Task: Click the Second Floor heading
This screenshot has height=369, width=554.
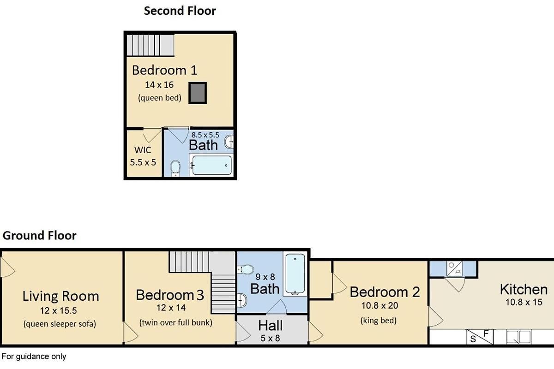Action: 180,11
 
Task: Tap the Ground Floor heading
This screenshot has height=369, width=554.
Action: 39,236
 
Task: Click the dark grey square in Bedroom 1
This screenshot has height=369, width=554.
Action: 198,93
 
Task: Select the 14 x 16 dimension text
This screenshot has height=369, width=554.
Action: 159,85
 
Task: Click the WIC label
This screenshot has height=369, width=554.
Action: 143,150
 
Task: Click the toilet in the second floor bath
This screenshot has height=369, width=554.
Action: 175,168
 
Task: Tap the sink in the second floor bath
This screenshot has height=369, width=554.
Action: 229,142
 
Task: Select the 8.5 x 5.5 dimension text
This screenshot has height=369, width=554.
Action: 205,135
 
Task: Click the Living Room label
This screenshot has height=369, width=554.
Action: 61,296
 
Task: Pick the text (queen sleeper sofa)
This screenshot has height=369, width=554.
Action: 60,324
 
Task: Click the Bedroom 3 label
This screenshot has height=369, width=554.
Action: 170,295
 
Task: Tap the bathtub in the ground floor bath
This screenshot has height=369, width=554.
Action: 295,274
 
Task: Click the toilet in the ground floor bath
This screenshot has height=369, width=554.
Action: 245,269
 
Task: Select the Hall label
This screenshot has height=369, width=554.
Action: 271,326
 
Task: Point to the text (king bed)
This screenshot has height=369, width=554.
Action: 379,321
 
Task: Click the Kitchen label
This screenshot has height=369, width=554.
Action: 524,289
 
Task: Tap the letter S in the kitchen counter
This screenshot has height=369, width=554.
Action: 473,339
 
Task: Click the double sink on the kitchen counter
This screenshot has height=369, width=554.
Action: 518,337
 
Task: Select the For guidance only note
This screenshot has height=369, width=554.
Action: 34,357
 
